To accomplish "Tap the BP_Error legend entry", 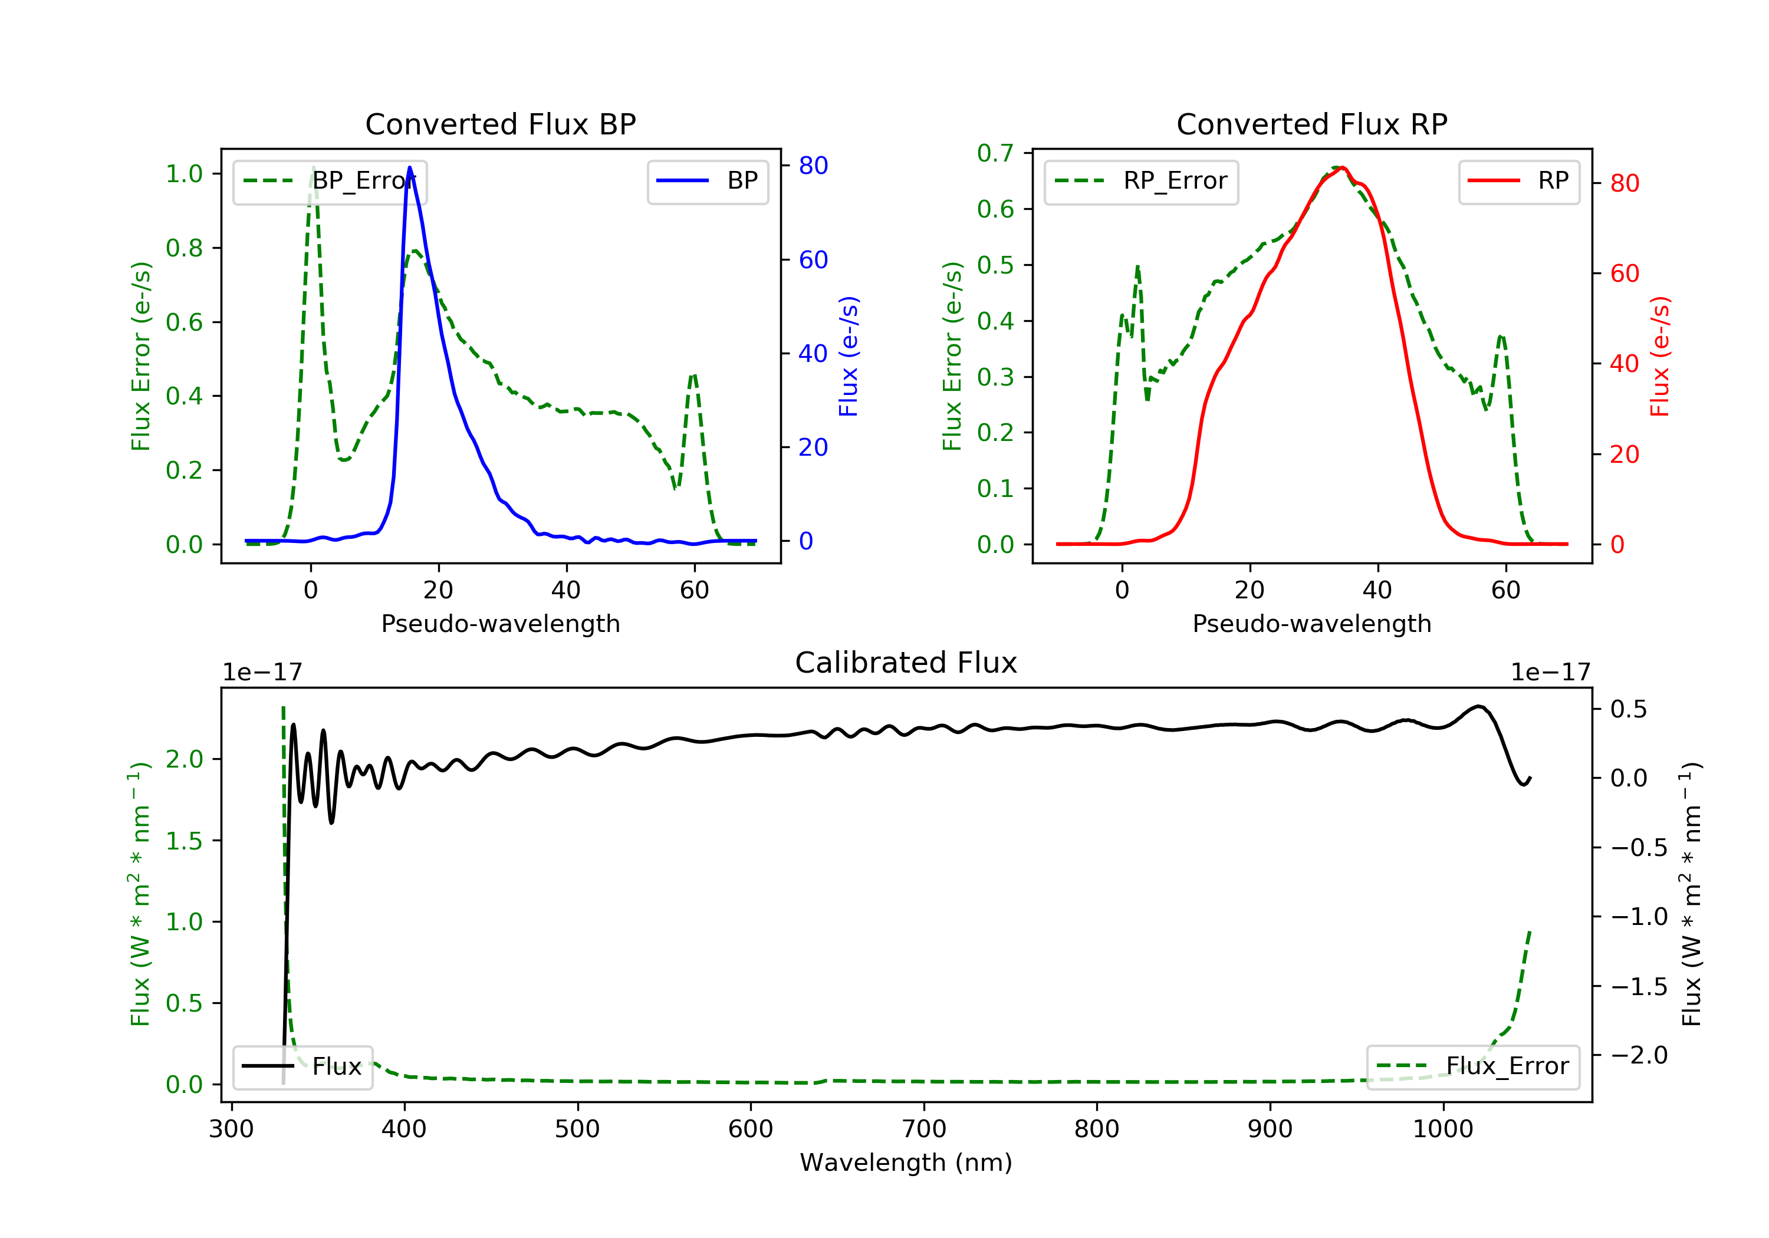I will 330,181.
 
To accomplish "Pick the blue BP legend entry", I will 707,181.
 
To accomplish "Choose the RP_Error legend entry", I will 1140,181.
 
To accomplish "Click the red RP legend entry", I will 1518,181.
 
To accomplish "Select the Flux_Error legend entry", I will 1472,1066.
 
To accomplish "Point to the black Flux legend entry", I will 302,1066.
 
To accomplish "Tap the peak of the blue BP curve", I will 409,167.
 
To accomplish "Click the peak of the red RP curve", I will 1341,167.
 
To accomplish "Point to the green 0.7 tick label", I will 995,153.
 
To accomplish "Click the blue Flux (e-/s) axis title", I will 849,356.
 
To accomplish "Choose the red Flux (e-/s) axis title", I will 1659,356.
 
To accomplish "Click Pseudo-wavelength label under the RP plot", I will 1311,623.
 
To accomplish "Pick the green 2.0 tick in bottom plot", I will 184,759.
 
